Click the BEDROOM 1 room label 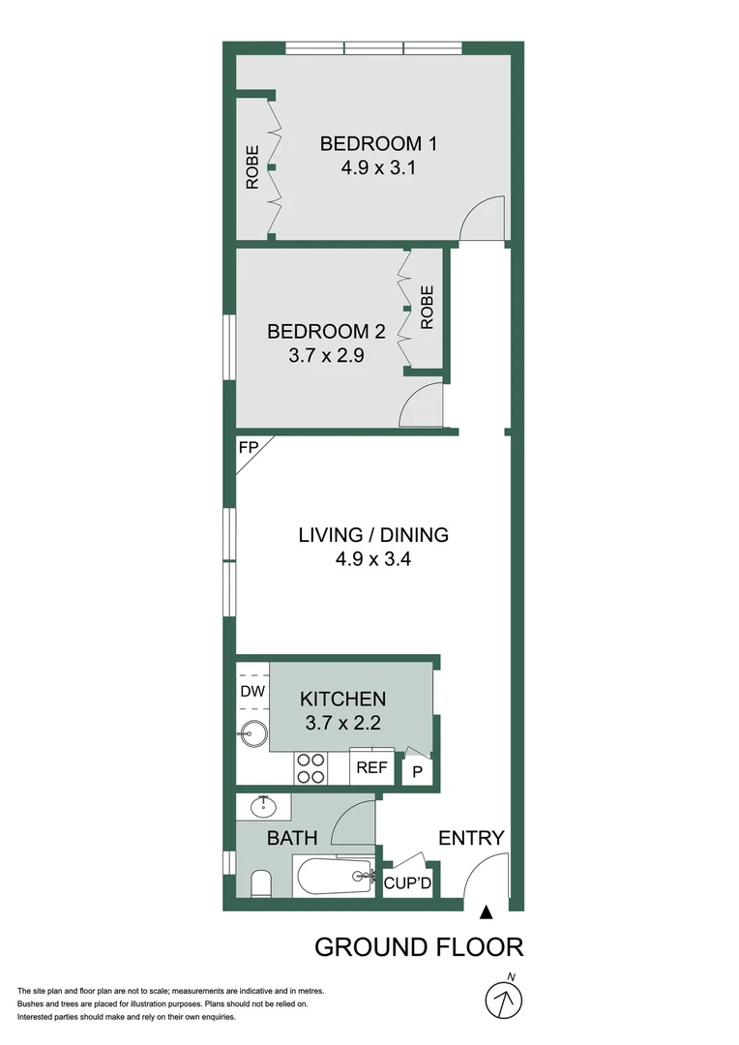[378, 144]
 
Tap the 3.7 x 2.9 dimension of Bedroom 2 [326, 355]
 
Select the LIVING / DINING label [373, 534]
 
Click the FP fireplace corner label [249, 449]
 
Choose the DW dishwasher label [251, 691]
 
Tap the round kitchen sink [251, 734]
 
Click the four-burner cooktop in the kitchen [310, 768]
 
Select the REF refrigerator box [371, 768]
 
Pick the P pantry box [418, 771]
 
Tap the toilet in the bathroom [259, 882]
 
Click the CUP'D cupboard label [407, 883]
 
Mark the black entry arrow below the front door [487, 911]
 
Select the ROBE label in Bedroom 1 [251, 166]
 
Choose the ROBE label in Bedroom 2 [427, 308]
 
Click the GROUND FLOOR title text [419, 946]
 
